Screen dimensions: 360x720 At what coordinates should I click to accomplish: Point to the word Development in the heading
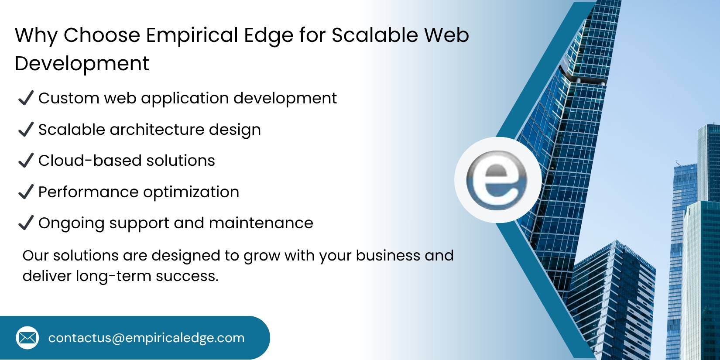pyautogui.click(x=82, y=64)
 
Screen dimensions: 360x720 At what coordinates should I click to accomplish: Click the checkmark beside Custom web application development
pyautogui.click(x=26, y=98)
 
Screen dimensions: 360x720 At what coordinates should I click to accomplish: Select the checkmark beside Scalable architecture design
pyautogui.click(x=26, y=130)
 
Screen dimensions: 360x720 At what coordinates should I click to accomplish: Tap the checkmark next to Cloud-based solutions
pyautogui.click(x=26, y=161)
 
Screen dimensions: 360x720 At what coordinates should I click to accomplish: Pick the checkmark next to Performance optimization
pyautogui.click(x=26, y=192)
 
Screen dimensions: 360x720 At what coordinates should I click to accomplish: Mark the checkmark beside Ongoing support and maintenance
pyautogui.click(x=26, y=223)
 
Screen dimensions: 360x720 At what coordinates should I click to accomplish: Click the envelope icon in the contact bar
pyautogui.click(x=27, y=338)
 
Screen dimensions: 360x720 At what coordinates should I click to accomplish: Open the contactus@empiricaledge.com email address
pyautogui.click(x=146, y=338)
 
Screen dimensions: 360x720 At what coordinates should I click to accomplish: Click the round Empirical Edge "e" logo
pyautogui.click(x=497, y=180)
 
